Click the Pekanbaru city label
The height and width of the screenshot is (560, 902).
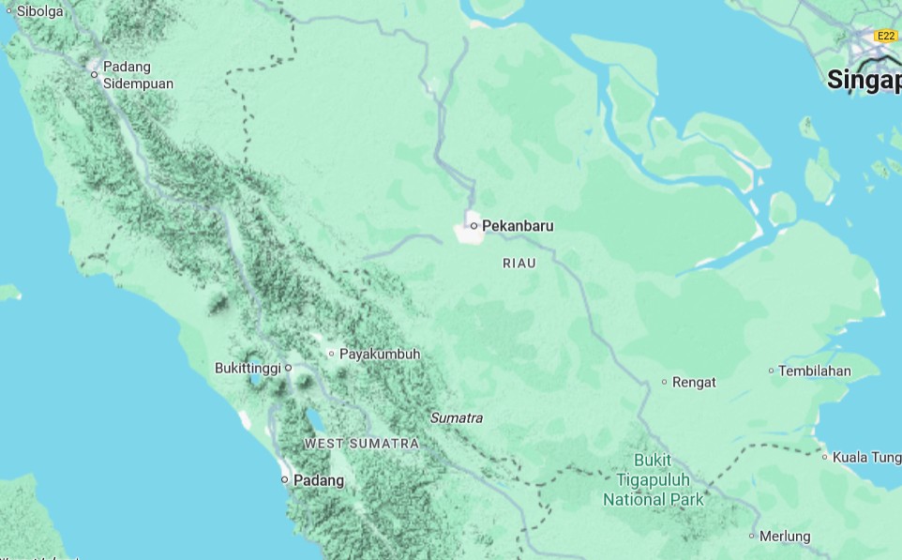point(518,226)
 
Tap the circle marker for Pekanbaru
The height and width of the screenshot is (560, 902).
point(474,226)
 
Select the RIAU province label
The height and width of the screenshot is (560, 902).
point(519,264)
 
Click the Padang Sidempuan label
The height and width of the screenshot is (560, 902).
point(138,75)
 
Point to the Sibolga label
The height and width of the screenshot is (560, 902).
point(39,11)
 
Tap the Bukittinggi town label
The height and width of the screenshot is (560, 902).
point(248,368)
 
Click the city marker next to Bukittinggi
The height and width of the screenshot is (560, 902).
point(289,368)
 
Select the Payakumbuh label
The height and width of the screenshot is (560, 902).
point(379,354)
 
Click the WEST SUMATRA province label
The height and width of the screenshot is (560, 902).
point(361,443)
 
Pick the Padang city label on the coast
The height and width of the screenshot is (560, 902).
point(319,480)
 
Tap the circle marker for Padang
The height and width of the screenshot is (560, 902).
point(285,479)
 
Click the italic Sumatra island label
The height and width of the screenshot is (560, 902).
point(457,417)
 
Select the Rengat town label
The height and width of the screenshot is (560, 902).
point(694,382)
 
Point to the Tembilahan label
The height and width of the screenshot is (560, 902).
point(815,371)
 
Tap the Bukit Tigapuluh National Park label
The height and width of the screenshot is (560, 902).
point(653,480)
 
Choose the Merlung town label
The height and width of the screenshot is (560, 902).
point(785,537)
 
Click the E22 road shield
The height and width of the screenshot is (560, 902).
point(885,36)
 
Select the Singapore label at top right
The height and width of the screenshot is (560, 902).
point(864,81)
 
